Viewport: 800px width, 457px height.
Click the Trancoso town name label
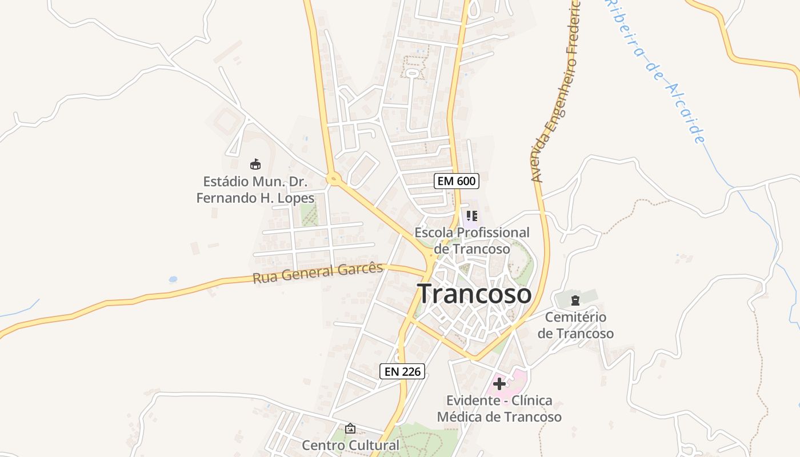(x=475, y=294)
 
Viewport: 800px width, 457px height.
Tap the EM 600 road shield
(x=456, y=181)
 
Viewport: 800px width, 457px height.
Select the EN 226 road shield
(x=402, y=371)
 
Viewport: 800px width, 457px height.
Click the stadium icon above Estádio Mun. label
(x=255, y=165)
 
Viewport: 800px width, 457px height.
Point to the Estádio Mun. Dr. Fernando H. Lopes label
(x=255, y=190)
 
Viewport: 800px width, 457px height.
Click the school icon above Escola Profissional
(x=471, y=216)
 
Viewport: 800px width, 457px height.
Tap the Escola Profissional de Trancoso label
(x=472, y=240)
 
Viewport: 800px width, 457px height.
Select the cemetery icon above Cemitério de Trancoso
(x=575, y=300)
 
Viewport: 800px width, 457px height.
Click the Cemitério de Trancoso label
(x=575, y=325)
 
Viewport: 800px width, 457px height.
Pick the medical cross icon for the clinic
(x=499, y=383)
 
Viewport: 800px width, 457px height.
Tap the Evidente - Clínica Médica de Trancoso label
(x=499, y=408)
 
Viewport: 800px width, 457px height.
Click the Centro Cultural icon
(x=350, y=428)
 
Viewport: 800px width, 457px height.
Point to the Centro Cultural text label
(x=351, y=445)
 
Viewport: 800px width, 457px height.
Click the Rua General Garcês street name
(x=318, y=273)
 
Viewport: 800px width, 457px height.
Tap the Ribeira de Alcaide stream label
(x=657, y=71)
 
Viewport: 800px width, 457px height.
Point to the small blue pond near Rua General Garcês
(x=173, y=280)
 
